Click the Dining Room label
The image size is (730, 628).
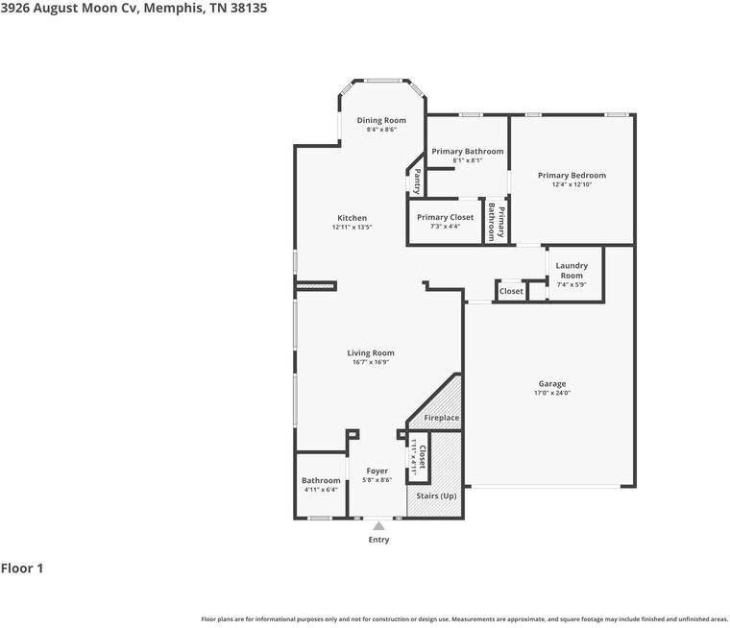(x=381, y=120)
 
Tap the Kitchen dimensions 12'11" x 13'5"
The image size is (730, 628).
(x=352, y=228)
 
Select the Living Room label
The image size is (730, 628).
(x=371, y=352)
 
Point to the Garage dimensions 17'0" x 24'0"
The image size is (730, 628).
(x=552, y=393)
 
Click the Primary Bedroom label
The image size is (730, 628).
(x=572, y=175)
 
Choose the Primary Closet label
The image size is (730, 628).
(x=445, y=217)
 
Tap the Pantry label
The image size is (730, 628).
(x=417, y=181)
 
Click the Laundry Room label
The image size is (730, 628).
(x=572, y=270)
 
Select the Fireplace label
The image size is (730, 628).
(x=441, y=418)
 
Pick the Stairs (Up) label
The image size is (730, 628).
(x=436, y=495)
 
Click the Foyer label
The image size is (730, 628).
(x=377, y=471)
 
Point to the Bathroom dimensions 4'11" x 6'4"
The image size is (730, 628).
(x=321, y=490)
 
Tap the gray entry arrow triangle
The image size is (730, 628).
(x=379, y=526)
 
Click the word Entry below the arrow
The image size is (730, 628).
(x=378, y=540)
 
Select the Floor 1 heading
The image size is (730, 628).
(x=22, y=568)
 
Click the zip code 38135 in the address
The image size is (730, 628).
(x=249, y=9)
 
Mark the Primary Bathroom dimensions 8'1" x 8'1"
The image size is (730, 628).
(x=468, y=160)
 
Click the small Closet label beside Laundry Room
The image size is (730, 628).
(x=511, y=291)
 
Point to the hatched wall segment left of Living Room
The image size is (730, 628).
(x=316, y=286)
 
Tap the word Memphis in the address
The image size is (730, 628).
(x=174, y=9)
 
